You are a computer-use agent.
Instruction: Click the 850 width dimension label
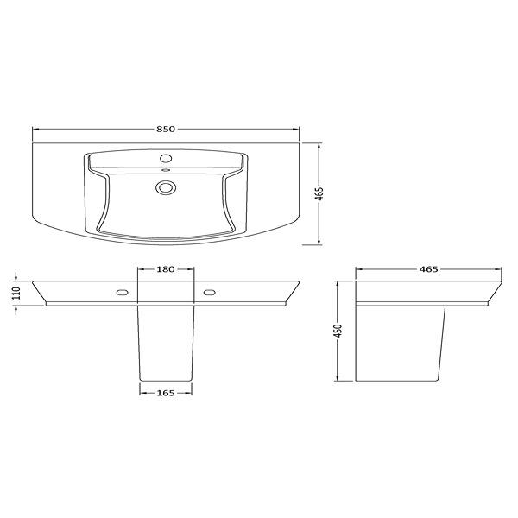[x=166, y=129]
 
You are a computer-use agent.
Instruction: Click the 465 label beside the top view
[x=319, y=194]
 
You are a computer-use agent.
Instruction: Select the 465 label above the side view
[x=428, y=269]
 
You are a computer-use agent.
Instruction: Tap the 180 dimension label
[x=165, y=269]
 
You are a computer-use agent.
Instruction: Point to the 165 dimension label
[x=166, y=393]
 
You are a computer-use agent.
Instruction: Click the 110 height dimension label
[x=16, y=293]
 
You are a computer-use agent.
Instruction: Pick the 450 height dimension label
[x=338, y=331]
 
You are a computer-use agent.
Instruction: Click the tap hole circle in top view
[x=166, y=158]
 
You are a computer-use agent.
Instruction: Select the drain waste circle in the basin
[x=166, y=187]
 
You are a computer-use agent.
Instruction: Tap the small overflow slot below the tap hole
[x=166, y=170]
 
